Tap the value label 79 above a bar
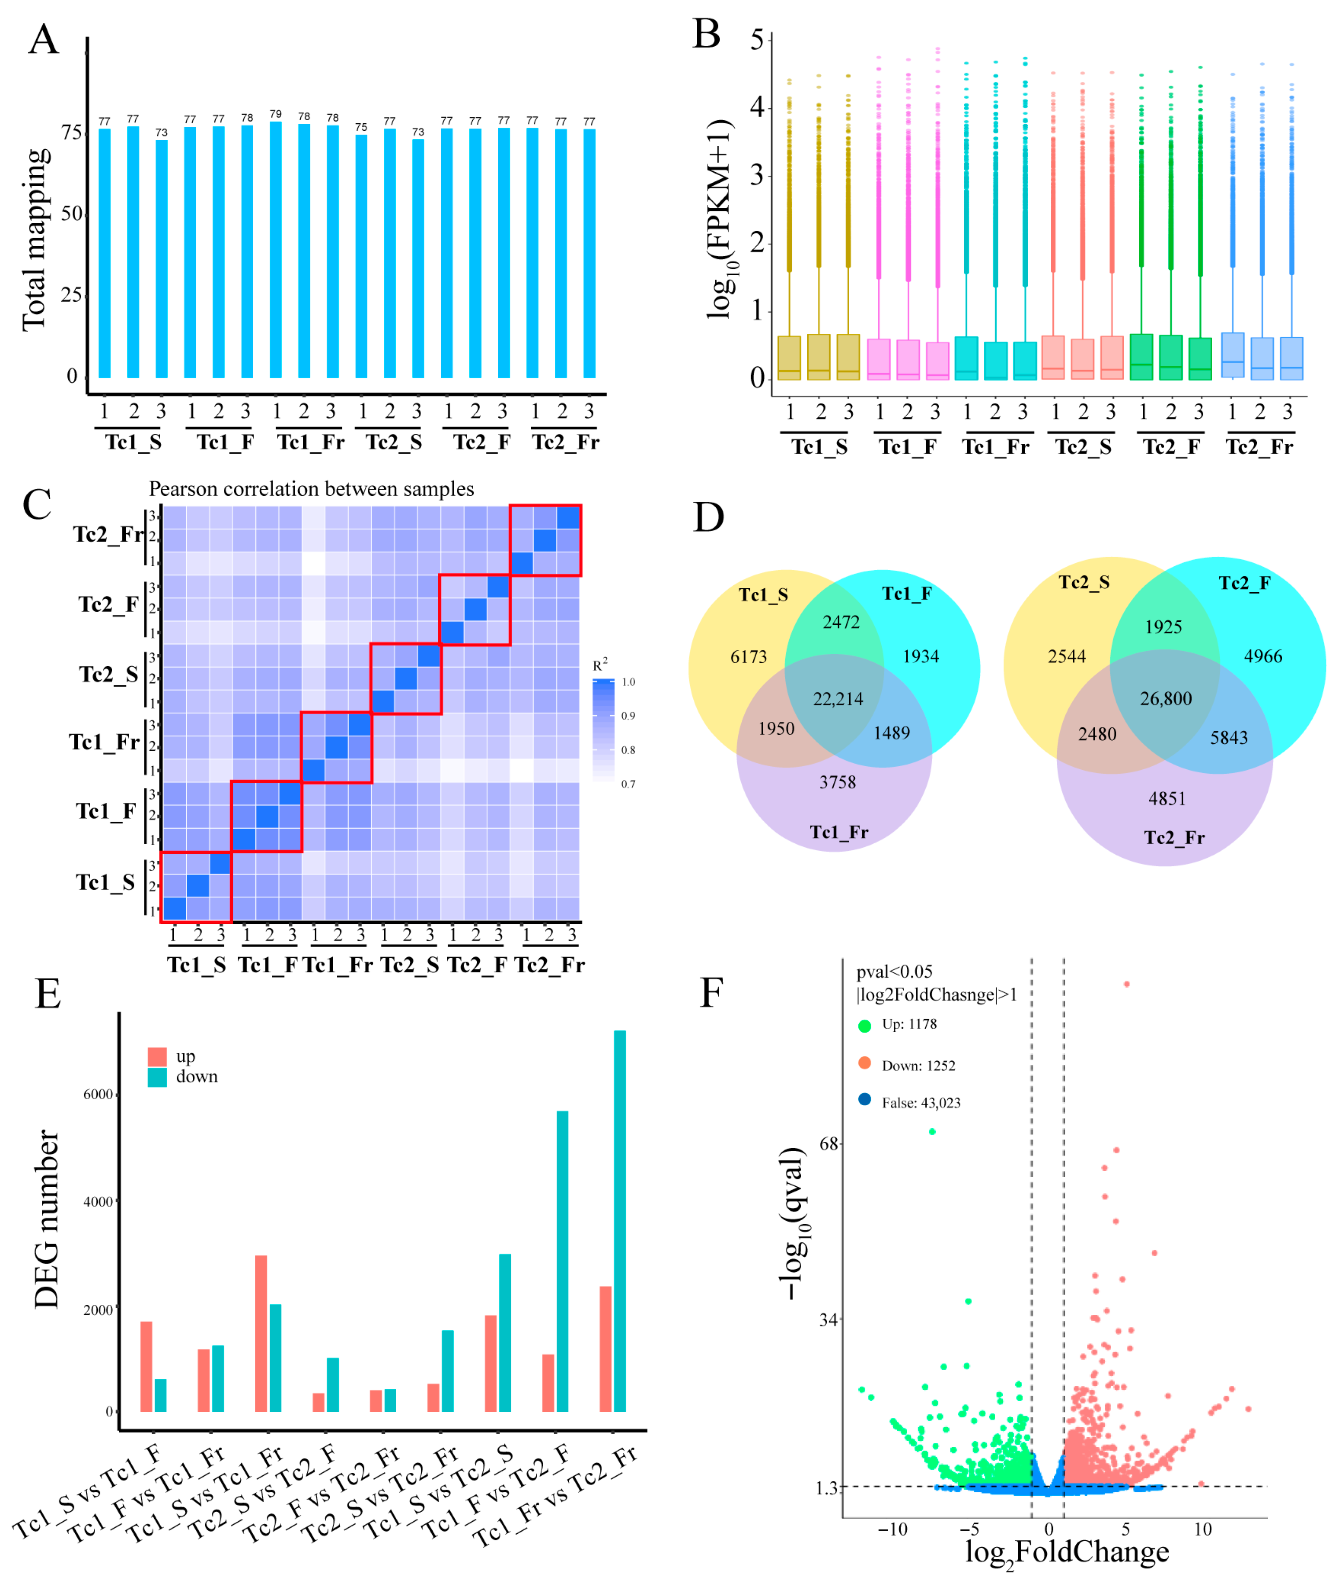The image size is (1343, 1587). pos(276,114)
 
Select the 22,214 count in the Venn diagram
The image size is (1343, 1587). pos(838,699)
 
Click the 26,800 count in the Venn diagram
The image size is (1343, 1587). pos(1166,698)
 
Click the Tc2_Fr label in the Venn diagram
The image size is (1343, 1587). pos(1174,838)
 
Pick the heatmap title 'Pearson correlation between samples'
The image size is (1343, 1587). pos(311,489)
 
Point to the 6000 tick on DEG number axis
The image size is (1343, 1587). pos(97,1094)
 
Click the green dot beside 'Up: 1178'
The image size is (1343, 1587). pos(864,1026)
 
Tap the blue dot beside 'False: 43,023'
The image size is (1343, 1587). pos(864,1100)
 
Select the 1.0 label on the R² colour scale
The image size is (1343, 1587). pos(628,683)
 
